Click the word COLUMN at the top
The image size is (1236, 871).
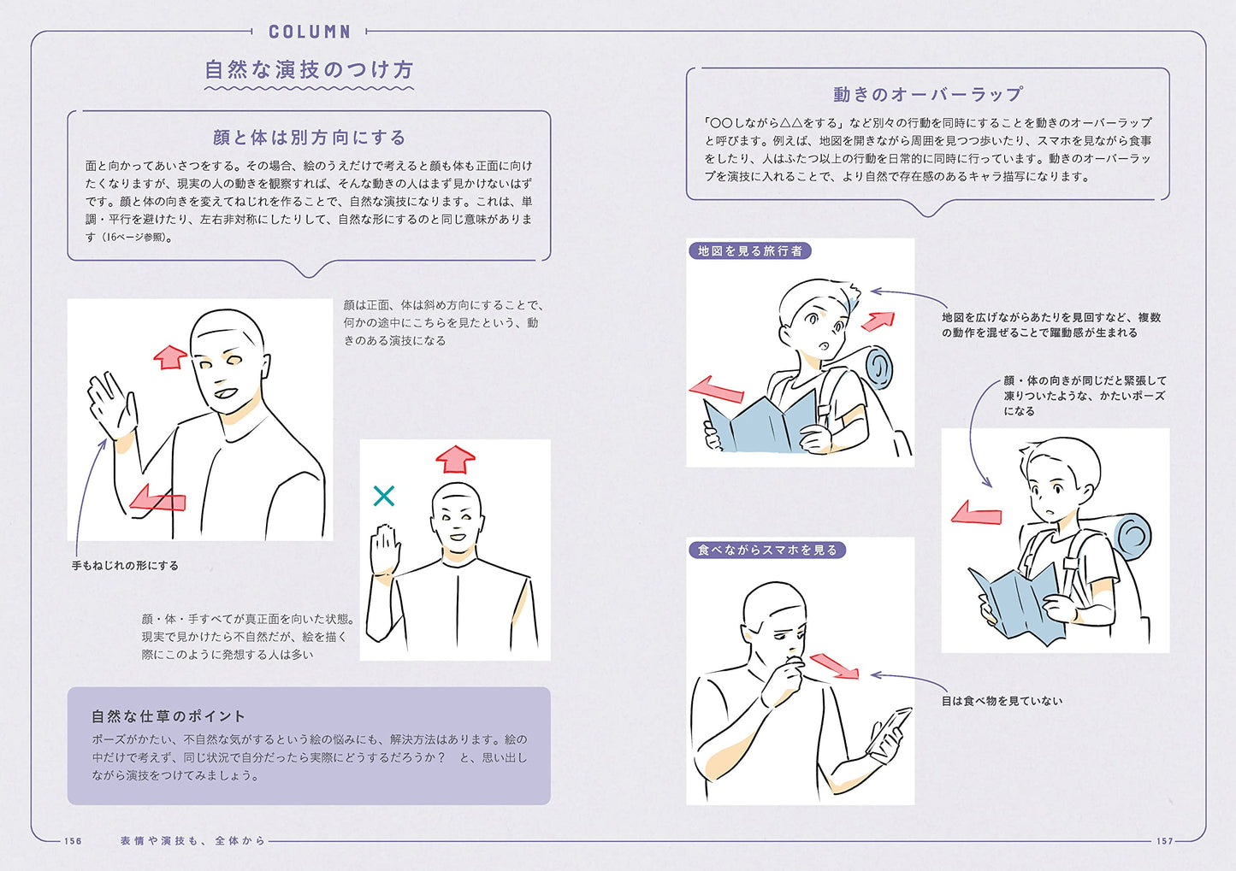(310, 32)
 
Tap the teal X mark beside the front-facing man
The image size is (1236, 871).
(383, 496)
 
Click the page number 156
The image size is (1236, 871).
(73, 841)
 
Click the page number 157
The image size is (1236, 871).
(1164, 841)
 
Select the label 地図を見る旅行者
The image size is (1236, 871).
(750, 250)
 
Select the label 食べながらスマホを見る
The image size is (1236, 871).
(767, 550)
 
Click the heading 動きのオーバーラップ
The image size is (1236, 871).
(928, 94)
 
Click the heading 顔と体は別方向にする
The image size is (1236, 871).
(310, 138)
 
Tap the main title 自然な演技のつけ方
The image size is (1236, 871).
(309, 70)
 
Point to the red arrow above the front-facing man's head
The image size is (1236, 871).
(455, 459)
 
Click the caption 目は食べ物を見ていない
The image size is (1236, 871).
(1002, 701)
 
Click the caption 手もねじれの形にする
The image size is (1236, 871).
(125, 566)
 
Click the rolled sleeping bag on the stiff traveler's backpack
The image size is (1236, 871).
(1133, 537)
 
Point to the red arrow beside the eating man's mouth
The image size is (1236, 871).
(834, 665)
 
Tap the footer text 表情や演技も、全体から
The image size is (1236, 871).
(193, 841)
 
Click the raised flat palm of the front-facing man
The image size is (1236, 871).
(384, 550)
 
